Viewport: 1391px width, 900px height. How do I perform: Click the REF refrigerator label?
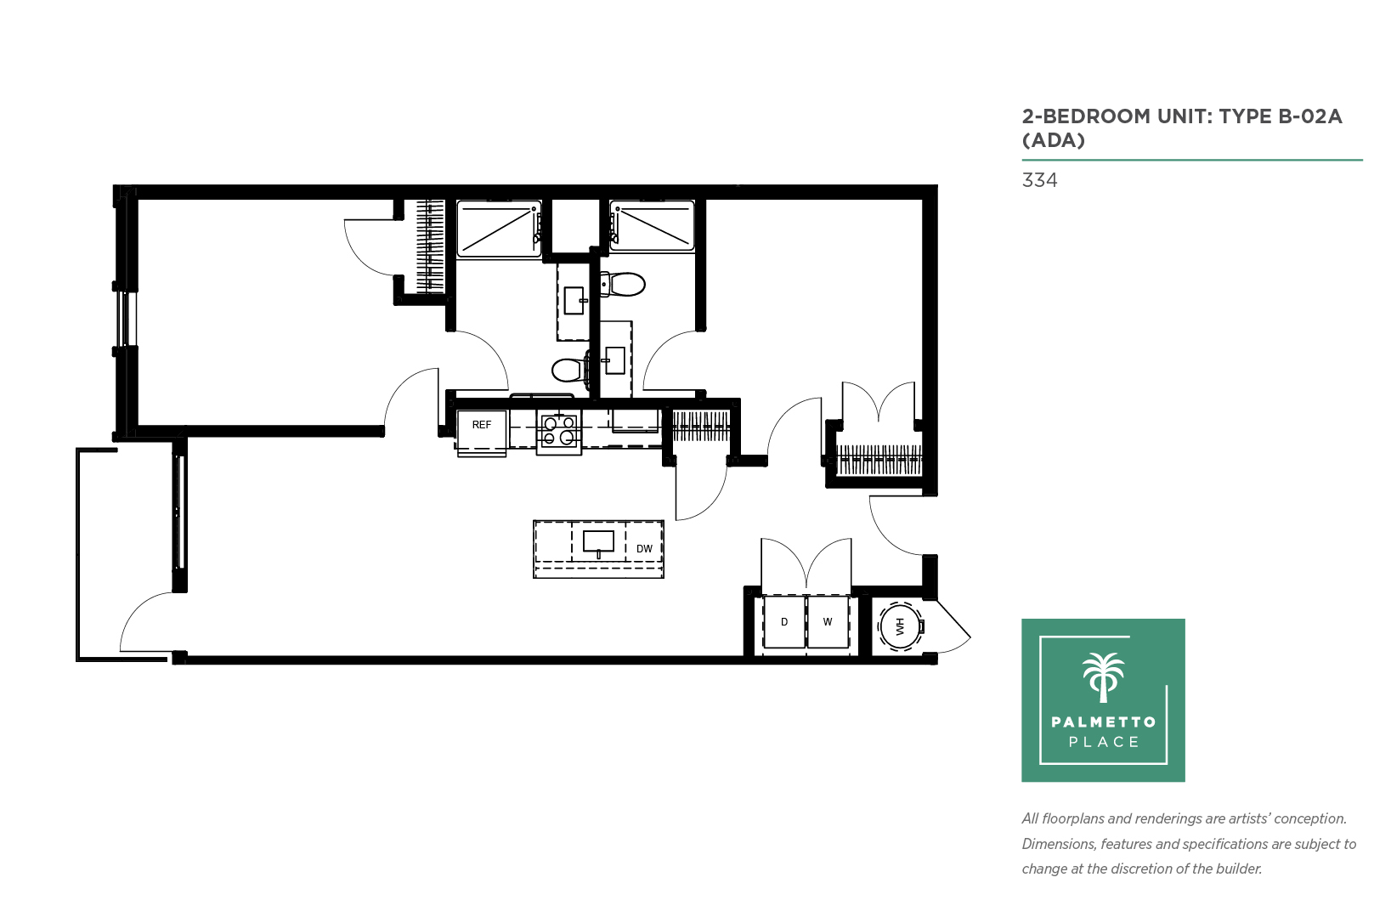point(481,425)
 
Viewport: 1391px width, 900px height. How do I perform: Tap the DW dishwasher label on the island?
point(644,549)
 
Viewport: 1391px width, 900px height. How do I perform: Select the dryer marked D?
point(784,622)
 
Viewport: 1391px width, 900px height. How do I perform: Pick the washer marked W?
point(828,622)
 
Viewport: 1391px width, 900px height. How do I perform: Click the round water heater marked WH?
point(900,626)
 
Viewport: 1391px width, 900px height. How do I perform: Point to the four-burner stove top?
point(559,431)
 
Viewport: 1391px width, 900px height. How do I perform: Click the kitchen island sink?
point(598,542)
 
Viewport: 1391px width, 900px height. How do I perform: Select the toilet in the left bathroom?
point(570,371)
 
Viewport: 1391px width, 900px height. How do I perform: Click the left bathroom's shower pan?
point(500,229)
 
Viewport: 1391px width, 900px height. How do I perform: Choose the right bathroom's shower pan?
point(652,226)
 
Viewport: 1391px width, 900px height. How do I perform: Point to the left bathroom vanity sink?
point(574,301)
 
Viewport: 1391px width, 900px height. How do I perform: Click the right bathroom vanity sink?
point(614,360)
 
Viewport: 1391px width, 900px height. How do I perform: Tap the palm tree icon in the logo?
point(1103,677)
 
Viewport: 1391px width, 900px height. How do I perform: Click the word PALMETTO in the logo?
point(1103,722)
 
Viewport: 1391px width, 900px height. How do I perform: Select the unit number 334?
point(1039,180)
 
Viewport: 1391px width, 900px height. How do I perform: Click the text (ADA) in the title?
point(1054,140)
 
